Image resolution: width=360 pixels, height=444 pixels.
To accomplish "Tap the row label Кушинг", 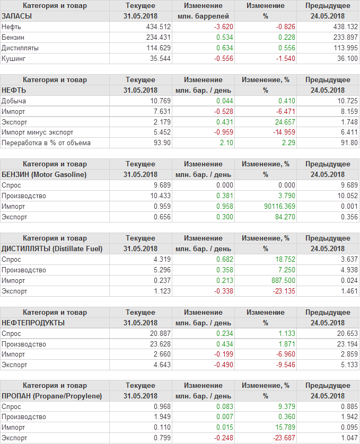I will pyautogui.click(x=14, y=58).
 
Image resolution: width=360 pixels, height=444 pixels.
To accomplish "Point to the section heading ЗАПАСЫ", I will pyautogui.click(x=17, y=16).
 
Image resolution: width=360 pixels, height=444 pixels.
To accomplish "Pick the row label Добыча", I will pyautogui.click(x=14, y=101).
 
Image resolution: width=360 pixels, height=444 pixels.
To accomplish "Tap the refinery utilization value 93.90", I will pyautogui.click(x=161, y=143).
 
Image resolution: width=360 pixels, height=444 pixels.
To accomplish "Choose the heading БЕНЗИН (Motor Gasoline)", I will pyautogui.click(x=44, y=174).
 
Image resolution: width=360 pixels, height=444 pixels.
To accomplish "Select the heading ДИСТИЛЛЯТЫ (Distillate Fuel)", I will pyautogui.click(x=52, y=248).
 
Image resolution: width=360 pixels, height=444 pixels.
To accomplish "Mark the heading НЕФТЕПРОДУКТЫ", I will pyautogui.click(x=33, y=323).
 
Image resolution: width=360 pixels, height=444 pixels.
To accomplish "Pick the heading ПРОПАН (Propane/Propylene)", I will pyautogui.click(x=51, y=396).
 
